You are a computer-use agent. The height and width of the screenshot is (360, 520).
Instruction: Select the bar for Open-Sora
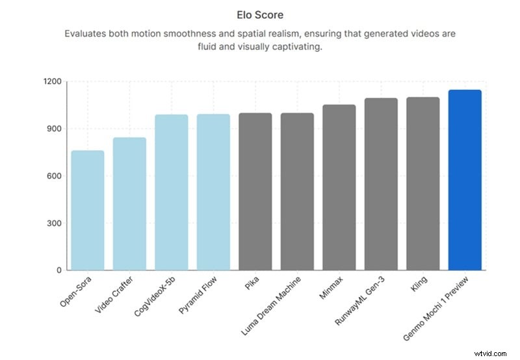[x=88, y=210]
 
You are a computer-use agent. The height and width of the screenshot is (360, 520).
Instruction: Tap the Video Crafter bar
[x=129, y=203]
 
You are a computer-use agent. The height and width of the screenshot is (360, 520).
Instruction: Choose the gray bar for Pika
[x=255, y=192]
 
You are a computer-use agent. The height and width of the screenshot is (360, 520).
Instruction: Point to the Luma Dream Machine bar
[x=297, y=192]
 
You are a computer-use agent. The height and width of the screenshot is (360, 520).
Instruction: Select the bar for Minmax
[x=339, y=187]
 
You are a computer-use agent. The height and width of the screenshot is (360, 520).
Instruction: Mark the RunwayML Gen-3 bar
[x=381, y=184]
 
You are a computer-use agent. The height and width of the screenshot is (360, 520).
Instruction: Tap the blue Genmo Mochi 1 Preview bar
[x=465, y=180]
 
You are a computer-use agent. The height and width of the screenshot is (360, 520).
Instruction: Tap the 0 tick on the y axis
[x=59, y=270]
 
